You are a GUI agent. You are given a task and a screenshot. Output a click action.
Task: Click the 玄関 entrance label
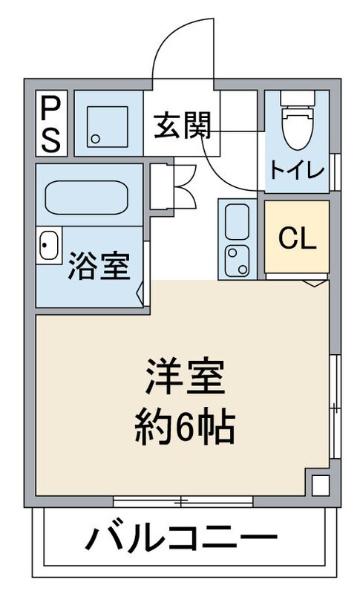tap(183, 127)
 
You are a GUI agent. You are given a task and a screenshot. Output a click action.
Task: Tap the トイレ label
tap(297, 169)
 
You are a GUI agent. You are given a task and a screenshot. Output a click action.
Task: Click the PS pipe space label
tap(50, 123)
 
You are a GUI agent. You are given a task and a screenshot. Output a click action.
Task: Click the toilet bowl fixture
tap(298, 126)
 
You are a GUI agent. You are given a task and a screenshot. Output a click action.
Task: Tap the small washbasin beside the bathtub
tap(49, 246)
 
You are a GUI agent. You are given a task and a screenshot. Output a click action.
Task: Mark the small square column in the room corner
tap(319, 485)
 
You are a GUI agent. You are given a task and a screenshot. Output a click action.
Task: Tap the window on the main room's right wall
tap(334, 405)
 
